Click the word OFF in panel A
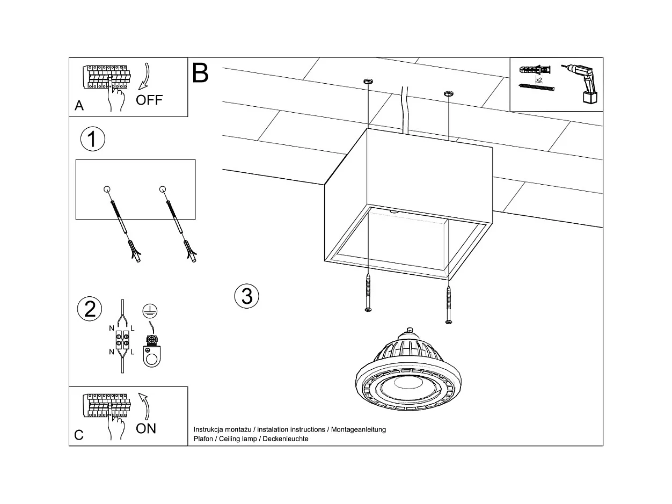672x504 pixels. [x=149, y=100]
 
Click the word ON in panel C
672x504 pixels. [x=146, y=428]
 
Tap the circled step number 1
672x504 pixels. [x=92, y=140]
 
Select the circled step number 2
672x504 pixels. [x=90, y=309]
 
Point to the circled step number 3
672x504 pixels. [x=247, y=296]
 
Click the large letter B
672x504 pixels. [x=200, y=73]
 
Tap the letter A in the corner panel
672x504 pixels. [x=79, y=106]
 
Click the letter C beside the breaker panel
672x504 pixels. [x=79, y=435]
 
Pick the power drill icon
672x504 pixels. [x=582, y=83]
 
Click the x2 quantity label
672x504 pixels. [x=538, y=79]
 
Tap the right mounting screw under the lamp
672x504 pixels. [x=449, y=304]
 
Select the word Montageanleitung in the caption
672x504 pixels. [x=359, y=430]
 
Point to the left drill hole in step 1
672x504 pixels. [x=106, y=189]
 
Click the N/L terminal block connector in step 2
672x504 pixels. [x=122, y=339]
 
